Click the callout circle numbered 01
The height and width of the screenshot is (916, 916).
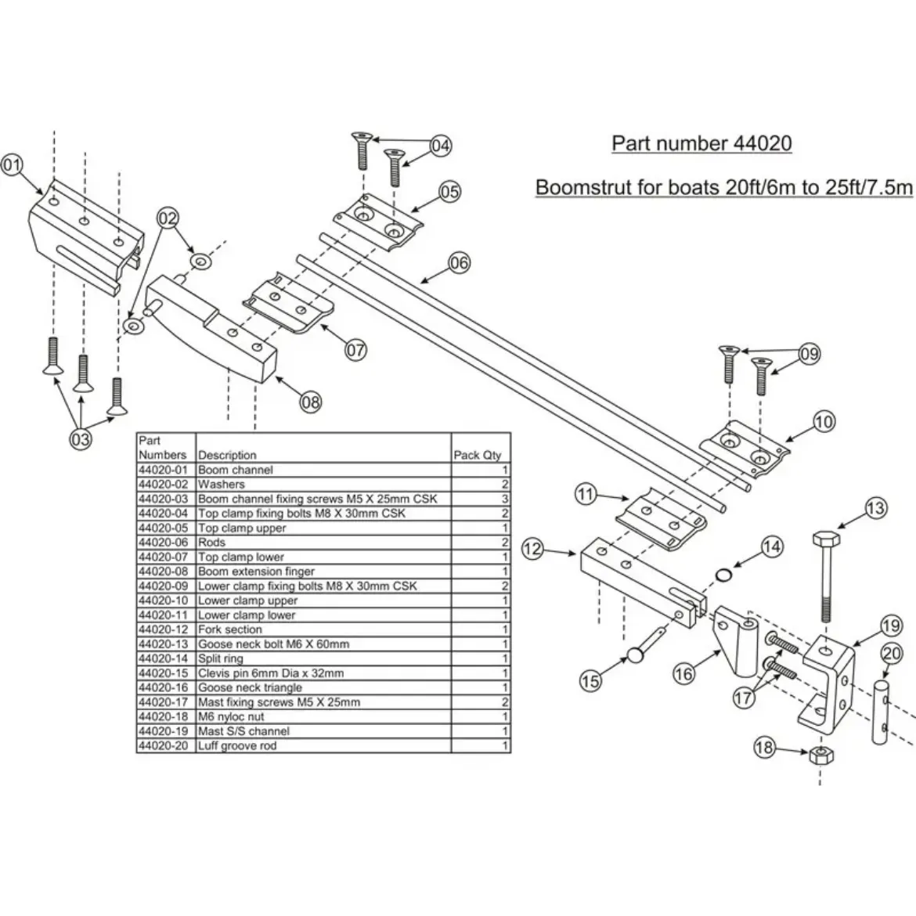point(13,164)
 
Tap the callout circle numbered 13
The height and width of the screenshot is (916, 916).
point(876,508)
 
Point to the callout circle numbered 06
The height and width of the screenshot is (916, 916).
point(460,263)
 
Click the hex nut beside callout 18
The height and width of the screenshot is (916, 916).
point(818,755)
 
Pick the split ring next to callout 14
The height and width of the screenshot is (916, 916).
point(725,576)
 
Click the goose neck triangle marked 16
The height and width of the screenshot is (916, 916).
point(736,642)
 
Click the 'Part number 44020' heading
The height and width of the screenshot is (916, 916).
point(701,143)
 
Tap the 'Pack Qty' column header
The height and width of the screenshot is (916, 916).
point(478,455)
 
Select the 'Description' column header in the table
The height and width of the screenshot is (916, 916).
point(227,455)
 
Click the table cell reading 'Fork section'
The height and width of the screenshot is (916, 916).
point(230,629)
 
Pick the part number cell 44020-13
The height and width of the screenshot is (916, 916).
point(164,644)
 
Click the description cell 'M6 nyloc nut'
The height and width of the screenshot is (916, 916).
point(231,716)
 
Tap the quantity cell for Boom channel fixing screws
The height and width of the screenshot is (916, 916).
point(505,499)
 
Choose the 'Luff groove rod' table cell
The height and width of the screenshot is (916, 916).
point(237,745)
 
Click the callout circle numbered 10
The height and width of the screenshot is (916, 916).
point(824,422)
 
